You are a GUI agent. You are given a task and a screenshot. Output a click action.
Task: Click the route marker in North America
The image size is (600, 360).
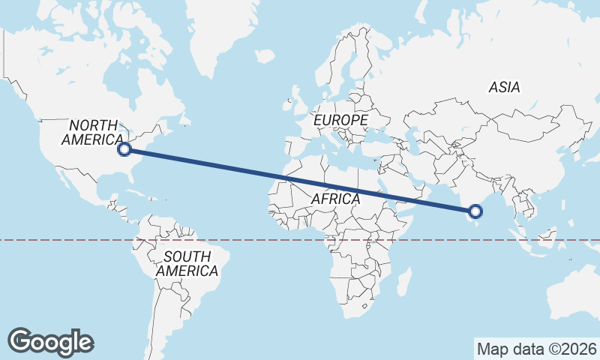(125, 149)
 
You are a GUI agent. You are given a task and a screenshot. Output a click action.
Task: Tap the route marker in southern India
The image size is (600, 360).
(474, 211)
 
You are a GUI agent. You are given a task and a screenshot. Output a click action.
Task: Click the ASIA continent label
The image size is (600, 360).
(504, 88)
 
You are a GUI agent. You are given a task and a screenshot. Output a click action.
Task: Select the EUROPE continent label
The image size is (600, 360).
(340, 120)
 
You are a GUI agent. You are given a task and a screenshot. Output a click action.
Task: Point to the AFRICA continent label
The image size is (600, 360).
(335, 199)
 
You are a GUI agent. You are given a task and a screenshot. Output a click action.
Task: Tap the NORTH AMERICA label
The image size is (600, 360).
(93, 133)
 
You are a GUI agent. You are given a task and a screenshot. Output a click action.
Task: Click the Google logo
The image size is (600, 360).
(51, 342)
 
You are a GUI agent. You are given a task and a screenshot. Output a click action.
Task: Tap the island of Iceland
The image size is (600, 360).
(265, 56)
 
